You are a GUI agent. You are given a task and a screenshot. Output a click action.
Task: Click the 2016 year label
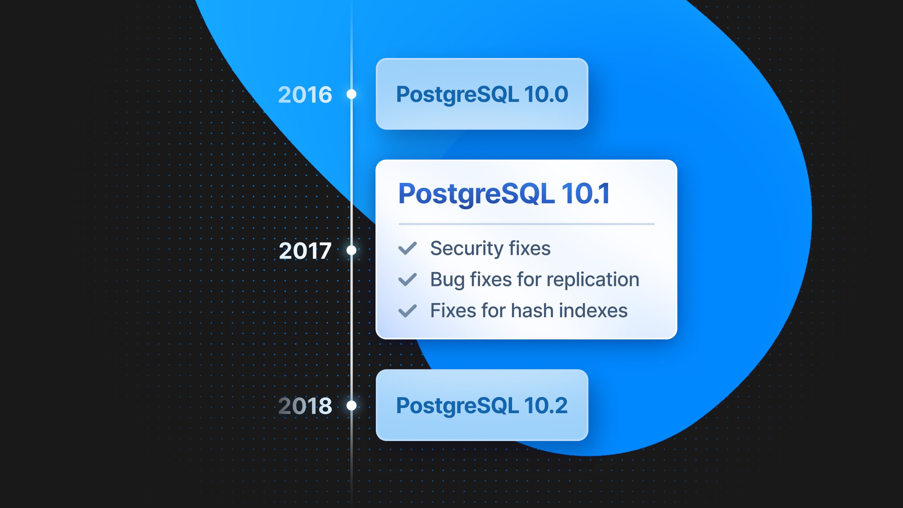[x=305, y=94]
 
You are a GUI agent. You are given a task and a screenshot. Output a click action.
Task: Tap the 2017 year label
[x=305, y=251]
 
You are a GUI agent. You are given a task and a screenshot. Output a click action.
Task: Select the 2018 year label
[x=305, y=406]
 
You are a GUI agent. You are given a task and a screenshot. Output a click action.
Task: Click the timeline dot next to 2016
[x=351, y=94]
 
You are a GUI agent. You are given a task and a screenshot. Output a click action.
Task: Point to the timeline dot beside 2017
[x=351, y=250]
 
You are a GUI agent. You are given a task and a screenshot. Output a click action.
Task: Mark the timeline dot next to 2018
[x=351, y=406]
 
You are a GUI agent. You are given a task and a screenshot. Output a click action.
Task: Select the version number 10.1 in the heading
[x=585, y=193]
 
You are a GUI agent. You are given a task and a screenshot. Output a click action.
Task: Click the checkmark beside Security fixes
[x=407, y=248]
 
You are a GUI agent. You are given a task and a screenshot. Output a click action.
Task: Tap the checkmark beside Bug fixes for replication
[x=407, y=280]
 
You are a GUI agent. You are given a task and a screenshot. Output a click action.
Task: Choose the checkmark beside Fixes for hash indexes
[x=407, y=311]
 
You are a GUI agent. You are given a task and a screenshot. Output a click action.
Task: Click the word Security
[x=467, y=249]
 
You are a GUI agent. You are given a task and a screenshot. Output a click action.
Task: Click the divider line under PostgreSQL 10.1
[x=527, y=224]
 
